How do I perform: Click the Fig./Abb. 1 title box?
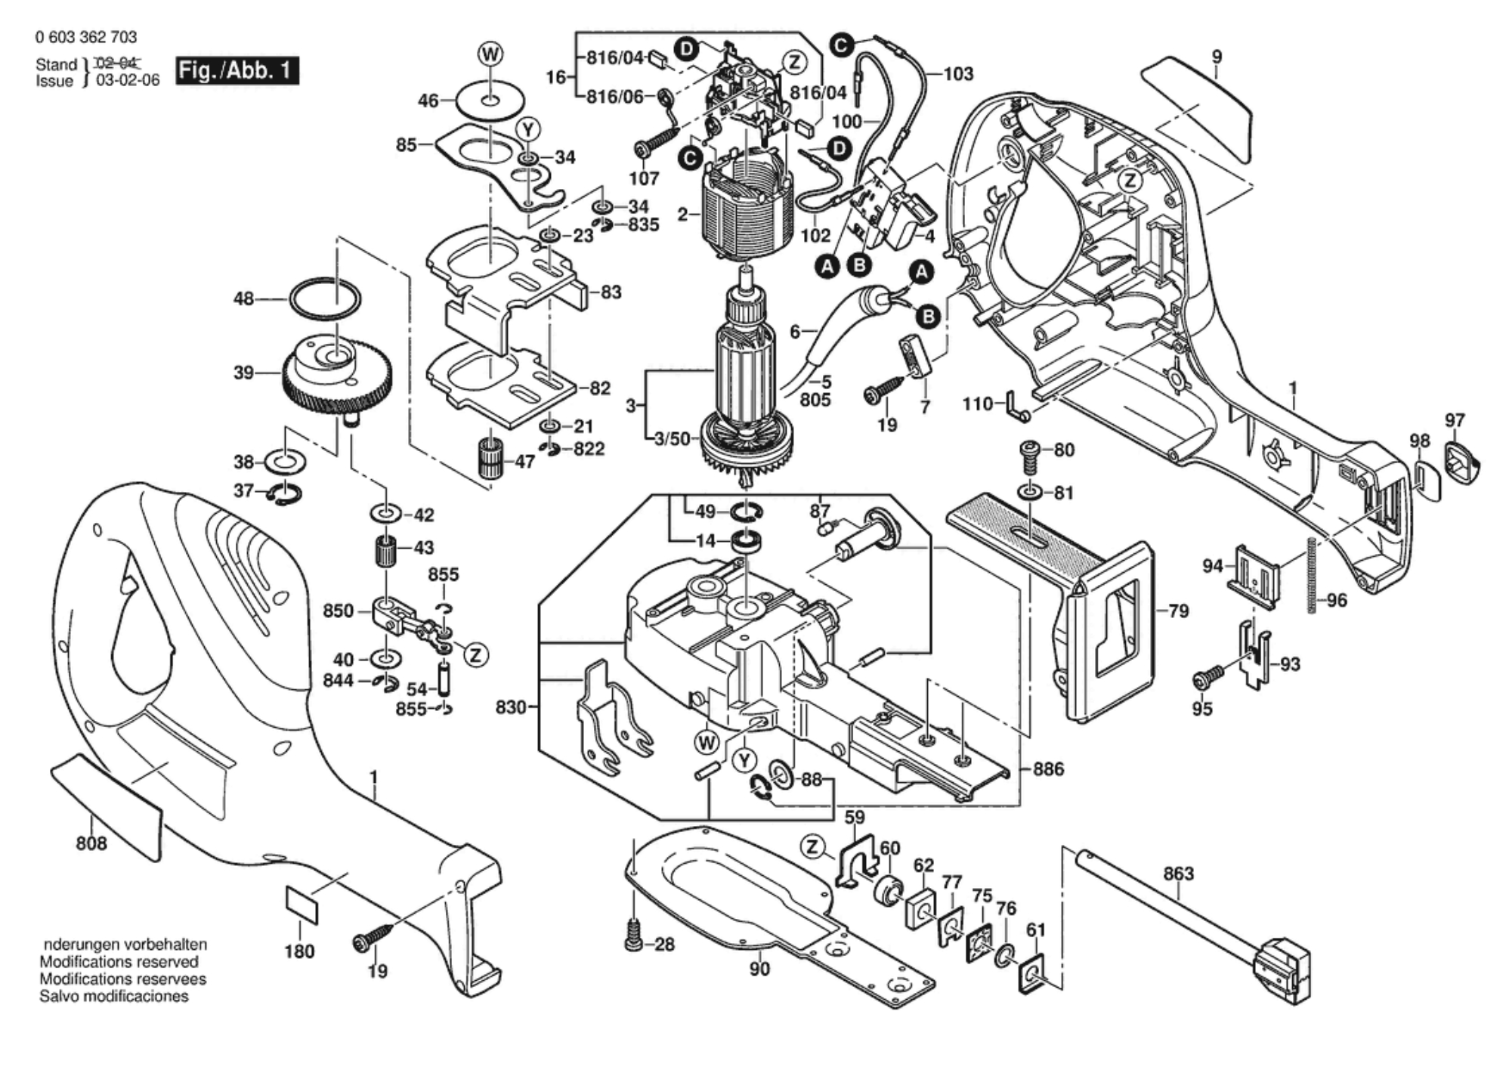[237, 71]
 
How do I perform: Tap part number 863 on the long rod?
[1178, 874]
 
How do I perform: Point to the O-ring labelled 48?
[326, 301]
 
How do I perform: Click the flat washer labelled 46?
[490, 100]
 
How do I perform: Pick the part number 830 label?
[511, 708]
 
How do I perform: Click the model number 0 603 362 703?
[86, 37]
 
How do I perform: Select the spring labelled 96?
[1311, 574]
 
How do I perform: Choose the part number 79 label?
[1178, 611]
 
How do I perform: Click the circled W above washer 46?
[490, 54]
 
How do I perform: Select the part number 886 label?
[1048, 769]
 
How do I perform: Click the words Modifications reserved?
[119, 962]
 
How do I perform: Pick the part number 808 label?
[91, 843]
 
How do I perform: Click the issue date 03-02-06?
[128, 81]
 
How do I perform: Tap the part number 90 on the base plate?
[759, 969]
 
